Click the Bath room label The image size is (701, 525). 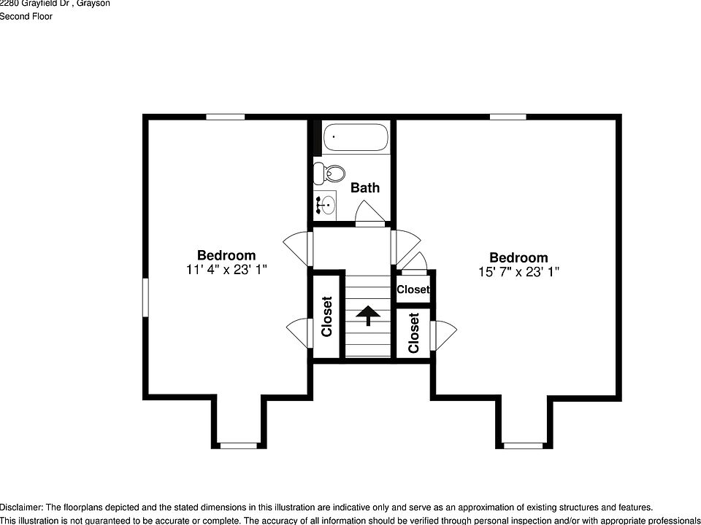pos(365,187)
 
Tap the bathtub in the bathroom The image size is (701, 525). pos(356,137)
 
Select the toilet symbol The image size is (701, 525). pos(332,174)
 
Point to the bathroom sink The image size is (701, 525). pos(326,205)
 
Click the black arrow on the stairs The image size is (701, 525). pos(368,315)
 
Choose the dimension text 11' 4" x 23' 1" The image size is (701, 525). pos(226,270)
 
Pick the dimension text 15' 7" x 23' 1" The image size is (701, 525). pos(518,272)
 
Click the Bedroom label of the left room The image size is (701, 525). pos(226,255)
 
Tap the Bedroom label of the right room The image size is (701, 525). pos(518,257)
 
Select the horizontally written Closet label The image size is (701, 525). pos(413,289)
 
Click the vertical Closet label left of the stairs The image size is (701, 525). pos(327,316)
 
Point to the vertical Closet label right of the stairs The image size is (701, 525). pos(414,332)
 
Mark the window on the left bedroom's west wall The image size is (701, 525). pos(145,297)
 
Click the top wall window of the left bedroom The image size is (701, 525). pos(225,117)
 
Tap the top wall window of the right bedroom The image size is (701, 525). pos(507,117)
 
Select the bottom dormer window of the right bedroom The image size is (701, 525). pos(523,445)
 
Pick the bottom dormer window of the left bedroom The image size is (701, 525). pos(239,445)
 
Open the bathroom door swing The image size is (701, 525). pos(369,213)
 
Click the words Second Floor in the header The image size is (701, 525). pos(26,17)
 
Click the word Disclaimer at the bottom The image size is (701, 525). pos(21,507)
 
